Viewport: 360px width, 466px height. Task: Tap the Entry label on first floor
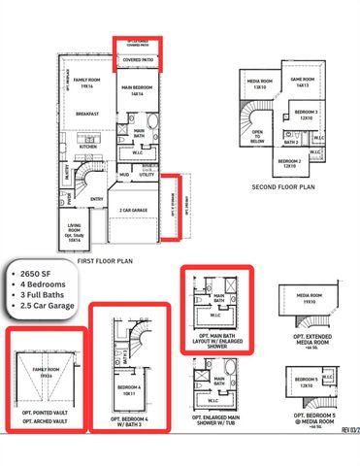pyautogui.click(x=97, y=200)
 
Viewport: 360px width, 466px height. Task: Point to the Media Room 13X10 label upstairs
pyautogui.click(x=259, y=84)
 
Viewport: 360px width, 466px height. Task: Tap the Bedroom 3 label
pyautogui.click(x=310, y=116)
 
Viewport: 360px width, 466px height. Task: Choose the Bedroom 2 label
pyautogui.click(x=287, y=163)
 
